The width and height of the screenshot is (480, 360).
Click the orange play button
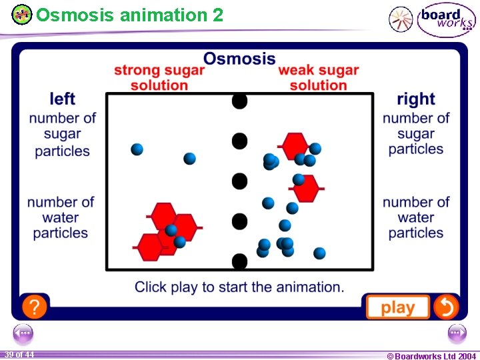pyautogui.click(x=397, y=307)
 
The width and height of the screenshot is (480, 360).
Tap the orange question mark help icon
pyautogui.click(x=34, y=307)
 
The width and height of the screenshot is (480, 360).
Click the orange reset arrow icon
pyautogui.click(x=445, y=307)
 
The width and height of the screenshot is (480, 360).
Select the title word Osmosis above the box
pyautogui.click(x=239, y=59)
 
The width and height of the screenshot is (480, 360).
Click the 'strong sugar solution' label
pyautogui.click(x=159, y=77)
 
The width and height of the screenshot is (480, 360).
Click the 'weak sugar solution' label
pyautogui.click(x=319, y=77)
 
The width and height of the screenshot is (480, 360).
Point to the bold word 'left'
pyautogui.click(x=62, y=99)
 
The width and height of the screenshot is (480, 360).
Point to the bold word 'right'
pyautogui.click(x=416, y=99)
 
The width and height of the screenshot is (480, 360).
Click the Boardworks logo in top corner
pyautogui.click(x=446, y=20)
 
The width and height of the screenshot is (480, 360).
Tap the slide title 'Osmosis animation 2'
pyautogui.click(x=130, y=15)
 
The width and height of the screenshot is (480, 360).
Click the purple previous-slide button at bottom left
pyautogui.click(x=23, y=332)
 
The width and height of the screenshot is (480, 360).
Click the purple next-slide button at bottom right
pyautogui.click(x=457, y=332)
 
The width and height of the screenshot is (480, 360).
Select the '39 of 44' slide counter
pyautogui.click(x=19, y=355)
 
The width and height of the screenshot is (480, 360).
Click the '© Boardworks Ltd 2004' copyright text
pyautogui.click(x=431, y=356)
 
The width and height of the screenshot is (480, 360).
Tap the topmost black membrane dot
pyautogui.click(x=239, y=101)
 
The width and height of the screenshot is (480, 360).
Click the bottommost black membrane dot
pyautogui.click(x=239, y=261)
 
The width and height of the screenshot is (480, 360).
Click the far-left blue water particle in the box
pyautogui.click(x=137, y=149)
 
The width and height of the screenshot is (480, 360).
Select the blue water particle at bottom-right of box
pyautogui.click(x=319, y=253)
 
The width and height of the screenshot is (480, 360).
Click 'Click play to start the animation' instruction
pyautogui.click(x=239, y=287)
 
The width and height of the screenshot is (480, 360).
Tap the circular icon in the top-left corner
pyautogui.click(x=22, y=15)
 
